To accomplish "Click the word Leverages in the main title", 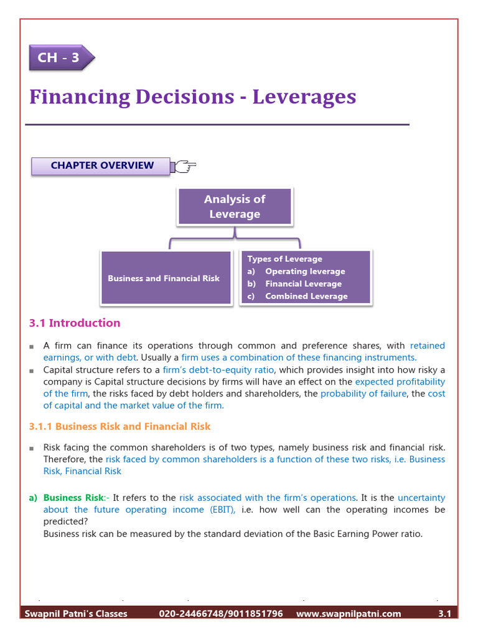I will (304, 97).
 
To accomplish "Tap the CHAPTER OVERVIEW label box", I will (101, 165).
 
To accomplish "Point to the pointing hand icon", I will (184, 165).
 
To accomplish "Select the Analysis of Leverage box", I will (235, 207).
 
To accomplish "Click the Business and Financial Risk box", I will (164, 278).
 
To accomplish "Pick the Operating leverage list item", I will (304, 271).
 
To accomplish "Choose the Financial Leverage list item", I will (303, 284).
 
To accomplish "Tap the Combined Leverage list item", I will (306, 296).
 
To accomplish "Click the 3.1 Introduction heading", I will (75, 323).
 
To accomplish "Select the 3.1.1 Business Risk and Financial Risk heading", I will (120, 427).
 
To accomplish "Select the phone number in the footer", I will (220, 614).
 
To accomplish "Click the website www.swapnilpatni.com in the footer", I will (349, 614).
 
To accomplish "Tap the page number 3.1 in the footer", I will (444, 614).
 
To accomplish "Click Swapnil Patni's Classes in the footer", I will (76, 614).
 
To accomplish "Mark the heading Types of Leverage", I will (284, 259).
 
